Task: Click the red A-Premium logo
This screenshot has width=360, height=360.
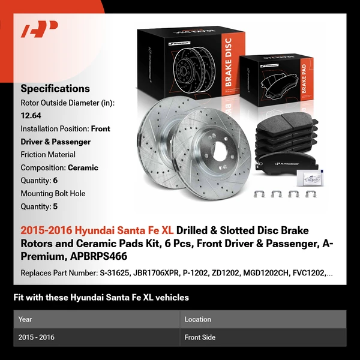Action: (40, 29)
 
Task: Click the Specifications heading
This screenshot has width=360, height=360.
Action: (55, 88)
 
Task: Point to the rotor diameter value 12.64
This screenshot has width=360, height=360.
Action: (31, 116)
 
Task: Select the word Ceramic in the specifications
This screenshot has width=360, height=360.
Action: (83, 167)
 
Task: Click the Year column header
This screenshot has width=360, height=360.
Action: (25, 319)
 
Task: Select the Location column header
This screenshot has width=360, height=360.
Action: (197, 319)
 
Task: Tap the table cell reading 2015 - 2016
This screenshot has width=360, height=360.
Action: (37, 337)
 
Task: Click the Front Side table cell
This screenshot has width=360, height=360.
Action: (200, 337)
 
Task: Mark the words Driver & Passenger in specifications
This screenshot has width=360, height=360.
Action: (55, 142)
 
